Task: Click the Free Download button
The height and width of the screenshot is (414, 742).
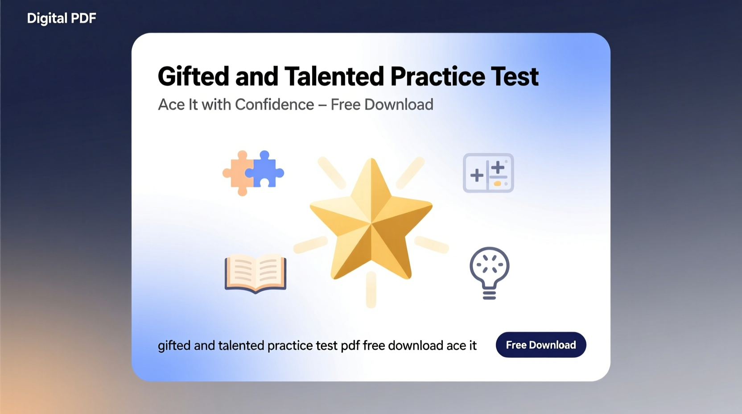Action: click(x=540, y=345)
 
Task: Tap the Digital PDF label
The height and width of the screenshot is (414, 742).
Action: click(x=62, y=18)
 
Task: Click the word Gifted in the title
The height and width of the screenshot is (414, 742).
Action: click(x=193, y=76)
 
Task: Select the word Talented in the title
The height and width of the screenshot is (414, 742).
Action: click(x=334, y=76)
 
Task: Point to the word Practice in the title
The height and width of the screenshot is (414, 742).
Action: click(x=437, y=76)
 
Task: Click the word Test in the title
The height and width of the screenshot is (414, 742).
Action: click(x=515, y=76)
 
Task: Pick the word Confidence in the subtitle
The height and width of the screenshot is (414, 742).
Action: click(x=274, y=104)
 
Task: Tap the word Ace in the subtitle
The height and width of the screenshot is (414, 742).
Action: click(x=171, y=104)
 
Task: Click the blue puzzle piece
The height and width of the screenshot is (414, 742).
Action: click(x=266, y=170)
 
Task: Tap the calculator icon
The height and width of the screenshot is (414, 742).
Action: click(x=488, y=173)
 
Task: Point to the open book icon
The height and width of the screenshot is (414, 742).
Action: click(x=256, y=273)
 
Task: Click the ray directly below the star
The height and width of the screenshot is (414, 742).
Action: click(x=371, y=290)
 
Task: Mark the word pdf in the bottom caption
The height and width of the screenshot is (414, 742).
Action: click(x=350, y=346)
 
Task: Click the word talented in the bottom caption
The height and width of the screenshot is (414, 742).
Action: click(x=241, y=346)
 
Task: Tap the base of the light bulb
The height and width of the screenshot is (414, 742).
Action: click(x=489, y=294)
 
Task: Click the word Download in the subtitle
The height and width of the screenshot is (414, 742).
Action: click(x=399, y=104)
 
